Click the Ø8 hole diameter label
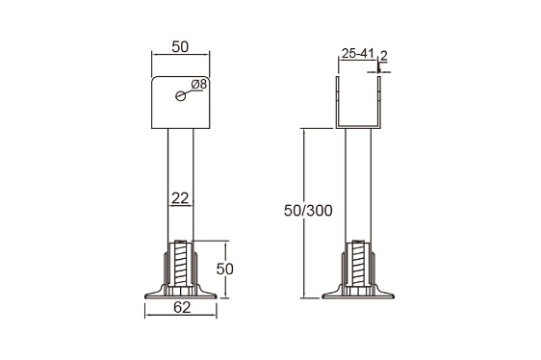(198, 84)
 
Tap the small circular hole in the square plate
(180, 96)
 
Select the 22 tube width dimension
(180, 198)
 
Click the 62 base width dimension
(182, 307)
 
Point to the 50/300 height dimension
(308, 211)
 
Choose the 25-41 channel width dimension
(358, 54)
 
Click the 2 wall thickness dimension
(384, 56)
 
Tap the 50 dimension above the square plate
(180, 47)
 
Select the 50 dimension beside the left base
(225, 269)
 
